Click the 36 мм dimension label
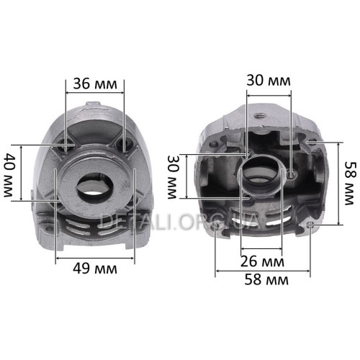click(95, 84)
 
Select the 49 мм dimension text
click(95, 269)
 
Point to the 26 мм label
click(262, 261)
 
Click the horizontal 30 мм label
click(269, 81)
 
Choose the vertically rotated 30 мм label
click(173, 177)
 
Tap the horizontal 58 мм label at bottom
click(266, 279)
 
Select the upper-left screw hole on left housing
click(66, 147)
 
